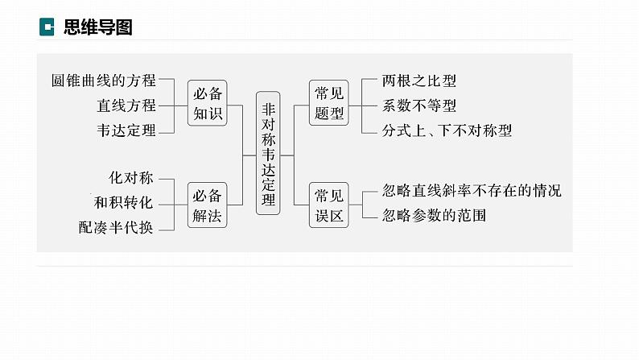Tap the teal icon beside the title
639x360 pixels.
47,27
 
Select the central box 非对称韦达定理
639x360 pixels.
268,152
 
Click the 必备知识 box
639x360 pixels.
207,104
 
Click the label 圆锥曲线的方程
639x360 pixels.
103,81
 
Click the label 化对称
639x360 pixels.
131,177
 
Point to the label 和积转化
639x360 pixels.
123,202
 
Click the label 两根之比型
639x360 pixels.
419,81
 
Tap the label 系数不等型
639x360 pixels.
419,106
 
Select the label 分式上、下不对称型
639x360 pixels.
447,130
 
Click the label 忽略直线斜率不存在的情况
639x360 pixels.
472,192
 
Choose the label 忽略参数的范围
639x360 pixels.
435,216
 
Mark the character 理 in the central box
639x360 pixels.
268,200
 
